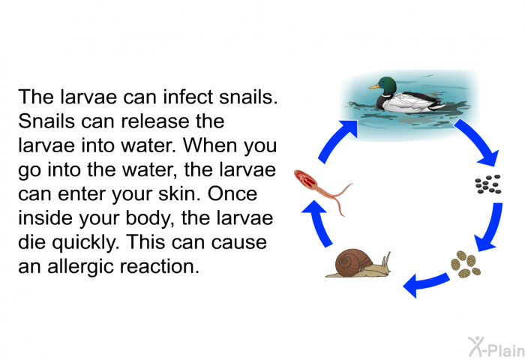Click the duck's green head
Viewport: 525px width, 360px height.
click(387, 85)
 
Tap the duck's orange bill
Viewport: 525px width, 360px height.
click(373, 87)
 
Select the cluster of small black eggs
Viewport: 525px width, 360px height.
click(488, 184)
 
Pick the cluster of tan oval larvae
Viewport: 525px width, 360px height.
click(466, 265)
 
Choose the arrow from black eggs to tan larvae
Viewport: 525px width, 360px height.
click(490, 228)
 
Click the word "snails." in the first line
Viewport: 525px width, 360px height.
click(248, 97)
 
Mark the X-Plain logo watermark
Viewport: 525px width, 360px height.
click(496, 347)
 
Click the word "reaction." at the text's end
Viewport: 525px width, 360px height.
click(159, 267)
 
